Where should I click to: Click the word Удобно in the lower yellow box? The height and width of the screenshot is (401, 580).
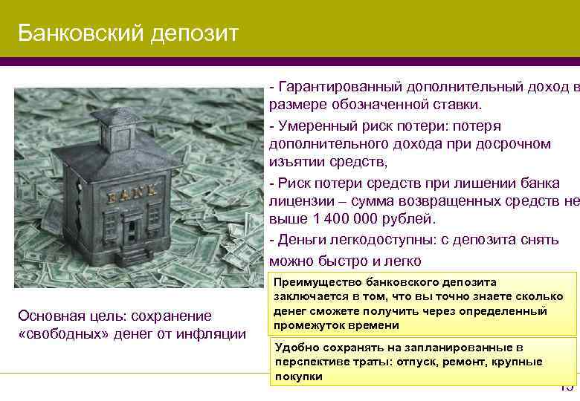pos(293,348)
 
